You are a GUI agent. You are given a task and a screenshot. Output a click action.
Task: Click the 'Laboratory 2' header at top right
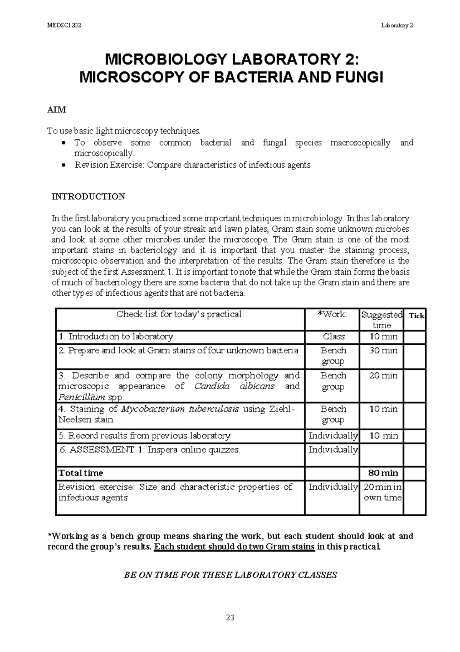pos(397,26)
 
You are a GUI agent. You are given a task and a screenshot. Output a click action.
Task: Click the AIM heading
pos(57,110)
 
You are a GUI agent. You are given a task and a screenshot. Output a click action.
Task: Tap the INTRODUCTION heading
pos(89,197)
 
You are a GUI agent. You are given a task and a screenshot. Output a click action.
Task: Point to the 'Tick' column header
pos(417,316)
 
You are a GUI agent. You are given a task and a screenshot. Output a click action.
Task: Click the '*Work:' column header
pos(332,314)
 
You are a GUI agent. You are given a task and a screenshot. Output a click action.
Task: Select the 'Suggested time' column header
pos(382,320)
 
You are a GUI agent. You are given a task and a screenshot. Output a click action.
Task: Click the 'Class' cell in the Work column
pos(333,337)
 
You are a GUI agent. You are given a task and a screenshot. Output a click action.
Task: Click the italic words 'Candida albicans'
pos(234,386)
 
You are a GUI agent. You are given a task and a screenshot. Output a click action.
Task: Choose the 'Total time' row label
pos(81,473)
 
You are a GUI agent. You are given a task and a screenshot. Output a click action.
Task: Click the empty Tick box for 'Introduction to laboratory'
pos(415,337)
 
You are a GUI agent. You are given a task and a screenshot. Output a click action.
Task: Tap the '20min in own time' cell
pos(382,492)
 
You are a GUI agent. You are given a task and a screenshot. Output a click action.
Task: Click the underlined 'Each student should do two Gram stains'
pos(234,547)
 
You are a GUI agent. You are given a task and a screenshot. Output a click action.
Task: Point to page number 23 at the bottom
pos(230,617)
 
